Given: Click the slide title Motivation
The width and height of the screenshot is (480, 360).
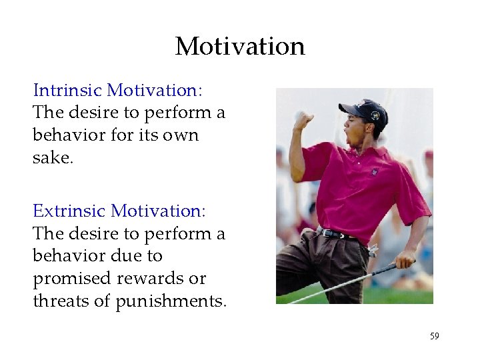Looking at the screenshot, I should [x=240, y=46].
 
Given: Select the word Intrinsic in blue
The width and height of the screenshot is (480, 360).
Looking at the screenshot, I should [x=68, y=89].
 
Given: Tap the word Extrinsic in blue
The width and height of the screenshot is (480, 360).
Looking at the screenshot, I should [x=70, y=211].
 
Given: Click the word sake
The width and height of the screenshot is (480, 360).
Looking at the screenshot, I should [x=53, y=157].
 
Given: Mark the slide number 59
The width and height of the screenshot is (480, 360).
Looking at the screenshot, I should [x=434, y=336].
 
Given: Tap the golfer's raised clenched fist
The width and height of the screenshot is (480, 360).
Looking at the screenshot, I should [x=304, y=120].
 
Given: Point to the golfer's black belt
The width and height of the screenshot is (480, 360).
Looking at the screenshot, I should [x=337, y=233].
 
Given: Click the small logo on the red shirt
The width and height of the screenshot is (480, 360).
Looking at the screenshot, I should [x=375, y=172].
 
